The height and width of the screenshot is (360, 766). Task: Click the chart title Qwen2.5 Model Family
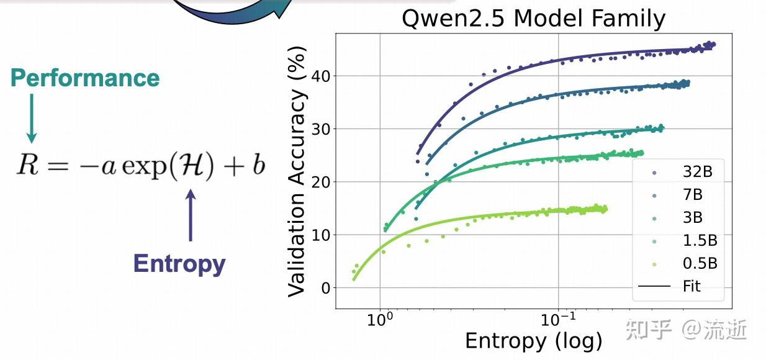533,19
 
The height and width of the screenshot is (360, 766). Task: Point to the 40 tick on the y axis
321,76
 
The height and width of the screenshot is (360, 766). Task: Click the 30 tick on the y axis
321,129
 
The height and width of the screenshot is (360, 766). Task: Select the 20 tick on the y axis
321,182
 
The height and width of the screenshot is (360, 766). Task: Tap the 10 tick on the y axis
321,235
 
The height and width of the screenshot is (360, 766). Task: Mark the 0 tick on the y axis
325,288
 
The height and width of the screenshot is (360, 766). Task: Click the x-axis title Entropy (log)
533,341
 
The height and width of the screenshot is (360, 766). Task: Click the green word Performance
85,78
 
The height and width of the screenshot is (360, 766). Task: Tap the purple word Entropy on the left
179,264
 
